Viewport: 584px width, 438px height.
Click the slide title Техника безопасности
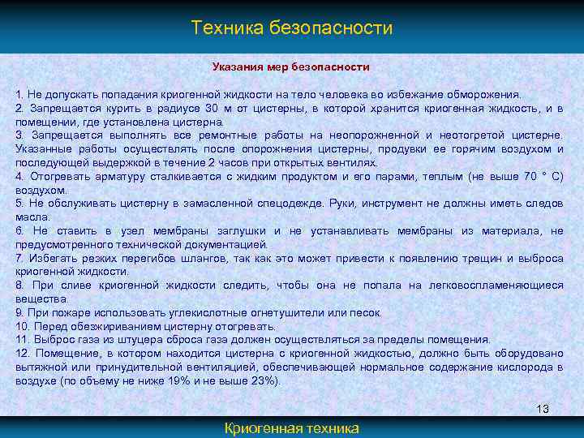(x=292, y=28)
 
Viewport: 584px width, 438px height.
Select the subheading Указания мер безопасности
(x=291, y=67)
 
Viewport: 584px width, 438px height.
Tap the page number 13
(x=543, y=408)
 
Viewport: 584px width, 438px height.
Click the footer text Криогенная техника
(x=291, y=428)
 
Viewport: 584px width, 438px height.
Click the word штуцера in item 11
(x=150, y=339)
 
